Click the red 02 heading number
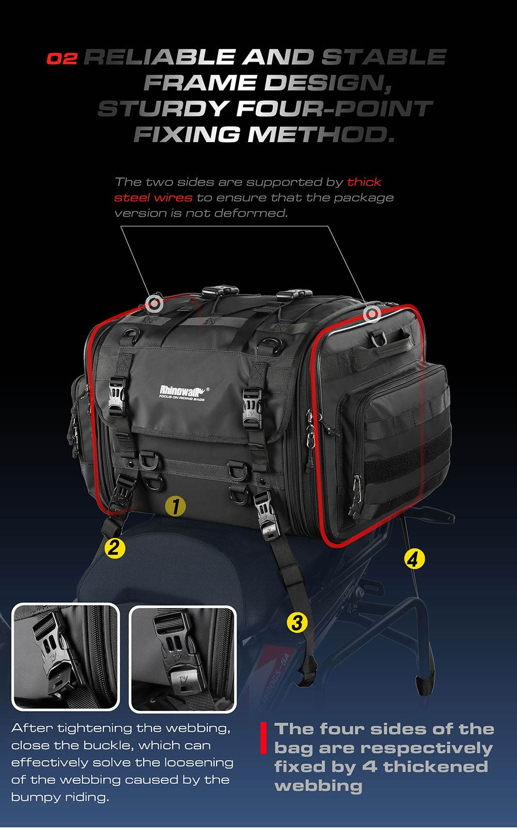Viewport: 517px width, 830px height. coord(62,58)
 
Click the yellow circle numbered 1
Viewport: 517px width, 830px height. coord(176,506)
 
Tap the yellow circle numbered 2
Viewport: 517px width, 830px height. coord(115,547)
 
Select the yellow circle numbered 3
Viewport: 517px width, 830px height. coord(297,622)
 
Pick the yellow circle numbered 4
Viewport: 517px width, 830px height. coord(414,559)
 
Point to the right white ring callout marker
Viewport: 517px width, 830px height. coord(371,313)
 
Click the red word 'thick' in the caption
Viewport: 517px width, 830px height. coord(364,182)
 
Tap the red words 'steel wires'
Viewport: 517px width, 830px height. coord(153,198)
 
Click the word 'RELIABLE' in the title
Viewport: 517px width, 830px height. coord(159,57)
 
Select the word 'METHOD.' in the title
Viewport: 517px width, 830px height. coord(321,135)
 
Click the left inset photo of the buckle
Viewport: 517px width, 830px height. coord(66,657)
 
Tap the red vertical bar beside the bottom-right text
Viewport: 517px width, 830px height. coord(263,738)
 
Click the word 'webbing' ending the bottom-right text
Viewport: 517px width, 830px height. coord(318,786)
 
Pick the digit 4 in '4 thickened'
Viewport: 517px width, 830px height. coord(370,766)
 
